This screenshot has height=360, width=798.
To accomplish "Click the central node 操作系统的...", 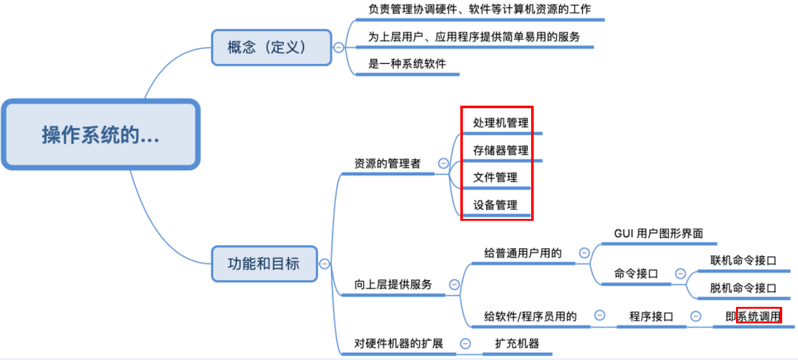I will [x=101, y=135].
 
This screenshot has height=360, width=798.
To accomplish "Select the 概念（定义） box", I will [x=271, y=47].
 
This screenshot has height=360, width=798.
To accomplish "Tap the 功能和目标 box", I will [x=264, y=263].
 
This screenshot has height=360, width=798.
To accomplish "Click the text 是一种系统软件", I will [x=407, y=64].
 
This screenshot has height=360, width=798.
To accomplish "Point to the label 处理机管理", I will [x=501, y=123].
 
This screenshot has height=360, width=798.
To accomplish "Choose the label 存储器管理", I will [x=501, y=151].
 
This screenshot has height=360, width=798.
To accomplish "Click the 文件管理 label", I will [x=495, y=178].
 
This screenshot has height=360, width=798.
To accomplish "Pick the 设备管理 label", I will [x=495, y=205].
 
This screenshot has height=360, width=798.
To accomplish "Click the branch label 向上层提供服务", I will [x=393, y=285].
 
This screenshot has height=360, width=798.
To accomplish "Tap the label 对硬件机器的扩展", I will [x=398, y=344].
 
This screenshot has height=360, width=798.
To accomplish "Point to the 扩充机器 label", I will [x=517, y=344].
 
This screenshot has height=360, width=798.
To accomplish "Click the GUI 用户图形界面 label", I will [x=658, y=233].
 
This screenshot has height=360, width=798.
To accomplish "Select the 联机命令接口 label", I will [x=743, y=261].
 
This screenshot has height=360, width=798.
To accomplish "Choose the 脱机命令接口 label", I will [x=743, y=289].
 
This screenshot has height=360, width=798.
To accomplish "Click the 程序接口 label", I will [x=651, y=316].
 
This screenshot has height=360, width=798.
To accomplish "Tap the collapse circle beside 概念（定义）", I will [x=339, y=47].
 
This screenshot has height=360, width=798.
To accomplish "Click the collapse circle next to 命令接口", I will [x=680, y=274].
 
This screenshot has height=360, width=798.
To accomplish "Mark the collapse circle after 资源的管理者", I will [x=443, y=163].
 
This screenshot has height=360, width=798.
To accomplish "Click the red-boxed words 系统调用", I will [x=759, y=316].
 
